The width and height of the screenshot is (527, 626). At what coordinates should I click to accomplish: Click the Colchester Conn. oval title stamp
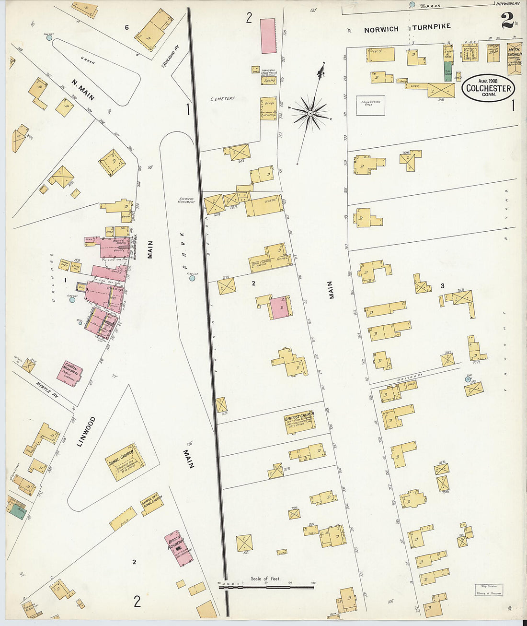click(x=489, y=89)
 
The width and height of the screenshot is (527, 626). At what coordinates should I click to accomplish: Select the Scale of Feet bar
click(x=266, y=586)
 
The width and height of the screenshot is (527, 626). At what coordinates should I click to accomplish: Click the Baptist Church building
click(x=300, y=422)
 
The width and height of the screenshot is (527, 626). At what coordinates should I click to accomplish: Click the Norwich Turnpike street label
click(x=407, y=28)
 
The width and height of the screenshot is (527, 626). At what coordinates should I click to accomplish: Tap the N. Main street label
click(x=83, y=89)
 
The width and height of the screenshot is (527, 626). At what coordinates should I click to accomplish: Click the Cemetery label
click(x=222, y=99)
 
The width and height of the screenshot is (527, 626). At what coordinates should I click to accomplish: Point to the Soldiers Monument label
click(x=186, y=200)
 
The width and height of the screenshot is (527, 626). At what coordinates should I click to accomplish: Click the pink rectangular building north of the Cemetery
click(x=268, y=36)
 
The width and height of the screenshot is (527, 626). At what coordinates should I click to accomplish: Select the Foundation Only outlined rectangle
click(x=370, y=105)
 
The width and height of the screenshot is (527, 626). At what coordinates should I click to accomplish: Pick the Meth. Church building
click(x=515, y=59)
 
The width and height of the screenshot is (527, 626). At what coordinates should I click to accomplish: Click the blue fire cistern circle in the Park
click(x=192, y=278)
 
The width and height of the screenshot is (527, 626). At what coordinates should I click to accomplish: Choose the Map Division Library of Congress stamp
click(x=489, y=590)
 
